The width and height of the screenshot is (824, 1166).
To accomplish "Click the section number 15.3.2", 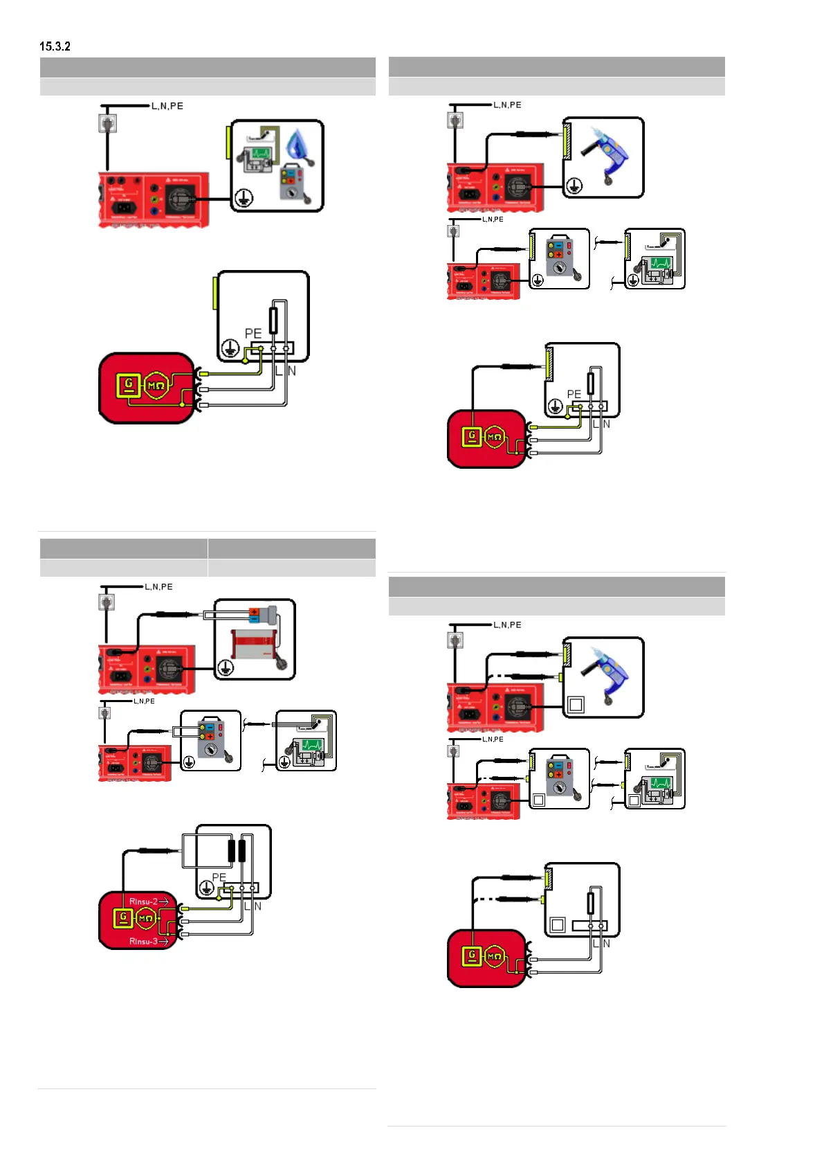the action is (x=55, y=46).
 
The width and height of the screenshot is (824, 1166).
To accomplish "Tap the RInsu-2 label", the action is (x=143, y=901).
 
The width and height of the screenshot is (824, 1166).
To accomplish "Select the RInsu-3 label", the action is (x=143, y=941).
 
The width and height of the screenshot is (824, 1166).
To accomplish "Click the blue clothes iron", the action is (x=301, y=146).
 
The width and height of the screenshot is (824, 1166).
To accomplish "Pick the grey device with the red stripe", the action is (x=253, y=644).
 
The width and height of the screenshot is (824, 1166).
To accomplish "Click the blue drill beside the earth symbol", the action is (x=605, y=155).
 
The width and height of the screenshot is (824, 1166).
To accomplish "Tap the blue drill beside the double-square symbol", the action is (x=605, y=675).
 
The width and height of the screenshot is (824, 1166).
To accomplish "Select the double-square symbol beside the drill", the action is (x=576, y=705).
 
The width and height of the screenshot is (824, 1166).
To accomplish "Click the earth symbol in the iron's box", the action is (x=243, y=198).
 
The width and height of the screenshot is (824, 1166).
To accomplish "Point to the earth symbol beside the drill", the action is (x=574, y=186).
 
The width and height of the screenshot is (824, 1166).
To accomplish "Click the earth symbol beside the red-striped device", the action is (x=226, y=667).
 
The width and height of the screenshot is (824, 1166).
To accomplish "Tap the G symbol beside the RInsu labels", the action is (x=123, y=918).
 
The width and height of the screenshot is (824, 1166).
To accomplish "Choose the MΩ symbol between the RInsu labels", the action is (x=145, y=919).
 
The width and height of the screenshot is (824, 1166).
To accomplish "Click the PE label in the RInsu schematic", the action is (x=219, y=877).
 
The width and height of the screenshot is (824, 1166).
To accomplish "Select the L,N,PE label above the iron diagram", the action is (x=167, y=106).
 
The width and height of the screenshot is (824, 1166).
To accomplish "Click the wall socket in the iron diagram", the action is (x=107, y=123).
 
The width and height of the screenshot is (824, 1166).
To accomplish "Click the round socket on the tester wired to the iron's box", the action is (x=180, y=199).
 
